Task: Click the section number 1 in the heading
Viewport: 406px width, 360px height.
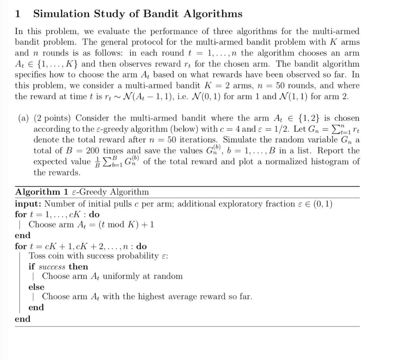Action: click(17, 14)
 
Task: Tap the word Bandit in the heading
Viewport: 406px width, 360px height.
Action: click(161, 14)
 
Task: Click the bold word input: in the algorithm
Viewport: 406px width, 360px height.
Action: click(28, 204)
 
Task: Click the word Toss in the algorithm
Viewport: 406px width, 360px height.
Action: click(37, 256)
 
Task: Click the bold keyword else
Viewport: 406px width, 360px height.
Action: click(36, 287)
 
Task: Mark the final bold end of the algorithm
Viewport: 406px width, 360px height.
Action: click(23, 319)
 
